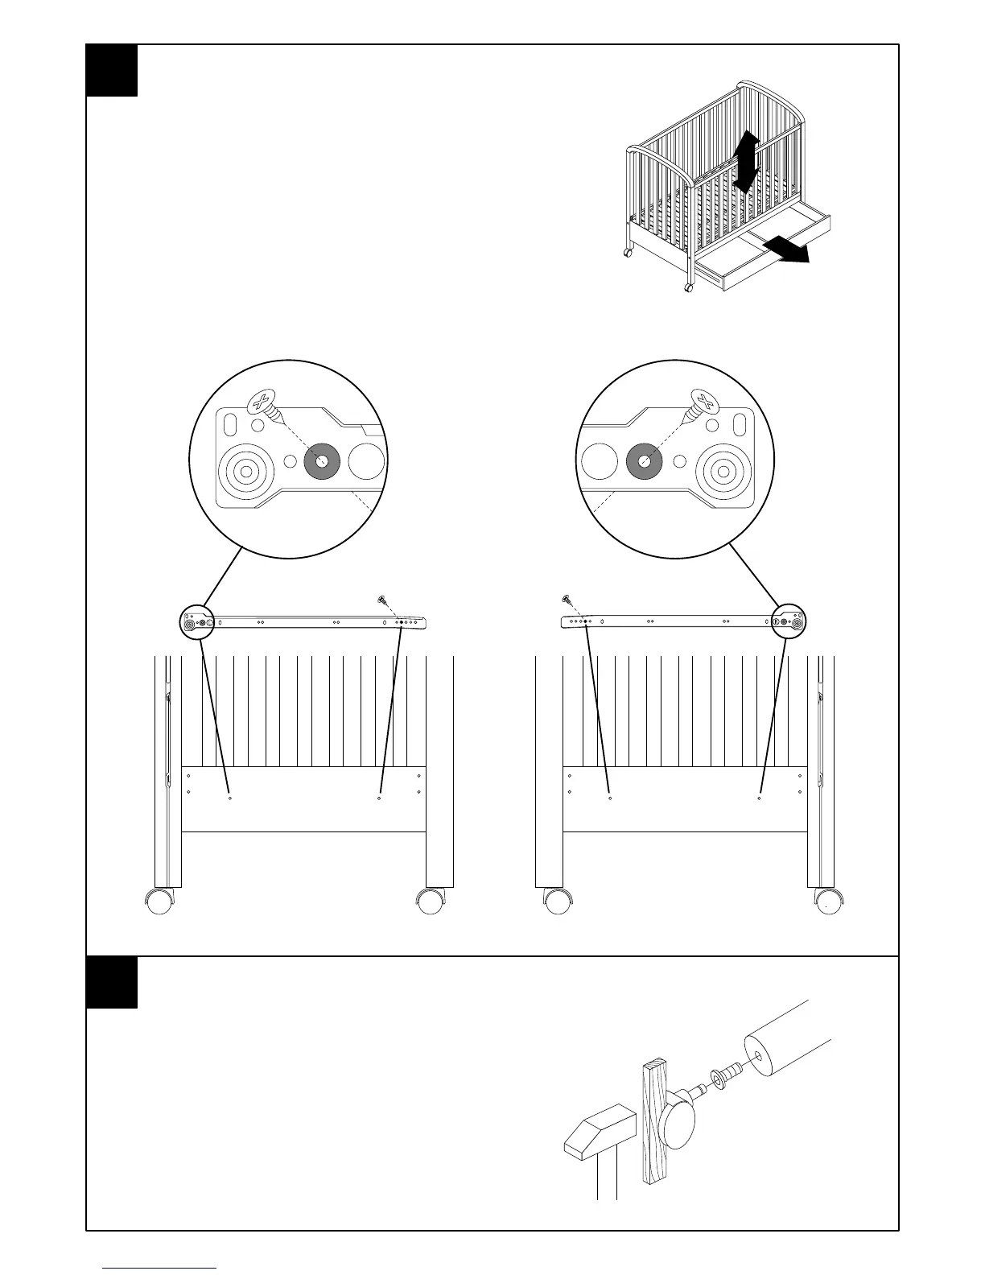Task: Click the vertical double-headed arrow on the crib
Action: (746, 162)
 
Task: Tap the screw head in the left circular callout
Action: (261, 402)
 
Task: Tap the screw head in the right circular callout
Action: (704, 402)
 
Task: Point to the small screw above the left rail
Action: (381, 599)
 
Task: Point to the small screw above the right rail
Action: (567, 599)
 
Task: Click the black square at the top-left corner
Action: (112, 70)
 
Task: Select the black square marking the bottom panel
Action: (112, 982)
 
